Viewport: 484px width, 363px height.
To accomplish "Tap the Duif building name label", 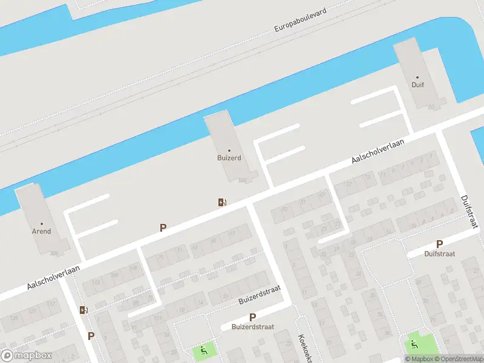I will (417, 85).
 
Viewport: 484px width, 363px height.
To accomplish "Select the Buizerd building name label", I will (229, 158).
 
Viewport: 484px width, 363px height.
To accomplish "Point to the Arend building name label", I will (41, 231).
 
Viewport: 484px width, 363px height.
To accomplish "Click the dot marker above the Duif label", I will (417, 77).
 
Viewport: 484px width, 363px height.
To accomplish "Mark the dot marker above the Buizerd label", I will (229, 150).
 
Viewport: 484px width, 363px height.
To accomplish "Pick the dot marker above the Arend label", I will (41, 223).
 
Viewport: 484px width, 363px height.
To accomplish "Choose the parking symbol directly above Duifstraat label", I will (439, 243).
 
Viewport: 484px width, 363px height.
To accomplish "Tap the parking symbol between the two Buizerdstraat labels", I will (252, 316).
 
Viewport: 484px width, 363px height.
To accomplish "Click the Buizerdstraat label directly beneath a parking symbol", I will (252, 327).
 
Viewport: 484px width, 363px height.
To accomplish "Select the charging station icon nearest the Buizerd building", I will (223, 202).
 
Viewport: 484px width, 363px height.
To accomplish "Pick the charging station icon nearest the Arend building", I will (83, 310).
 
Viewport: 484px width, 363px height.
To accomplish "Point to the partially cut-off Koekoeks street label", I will (303, 348).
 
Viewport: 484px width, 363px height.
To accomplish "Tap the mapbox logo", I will (26, 356).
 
